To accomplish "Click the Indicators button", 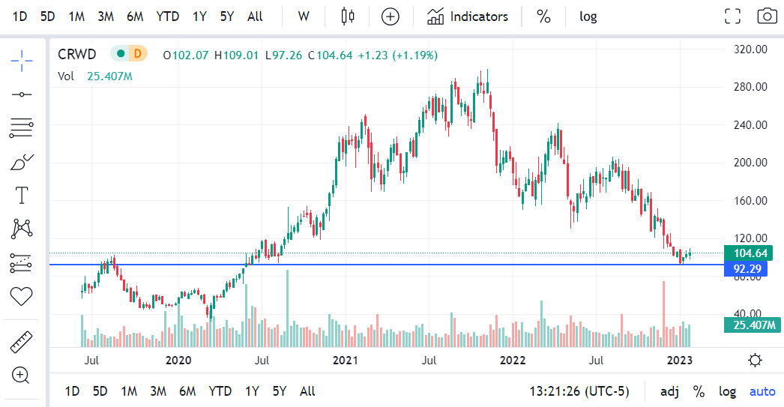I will tap(468, 16).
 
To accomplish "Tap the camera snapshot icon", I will tap(766, 16).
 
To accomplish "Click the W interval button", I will tap(304, 16).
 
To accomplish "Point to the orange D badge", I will tap(136, 54).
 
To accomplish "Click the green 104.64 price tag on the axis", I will tap(752, 253).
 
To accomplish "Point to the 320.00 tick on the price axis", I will tap(750, 49).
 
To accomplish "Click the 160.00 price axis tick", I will tap(750, 201).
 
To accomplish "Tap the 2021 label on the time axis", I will tap(346, 361).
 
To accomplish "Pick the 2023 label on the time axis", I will tap(679, 361).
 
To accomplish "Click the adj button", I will tap(670, 391).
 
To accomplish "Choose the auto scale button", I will tap(763, 391).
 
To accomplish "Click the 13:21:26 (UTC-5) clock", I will tap(579, 391).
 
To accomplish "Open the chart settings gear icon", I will tap(755, 361).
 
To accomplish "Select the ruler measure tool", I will tap(21, 343).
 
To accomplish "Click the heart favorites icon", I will tap(21, 296).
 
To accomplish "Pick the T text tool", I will tap(21, 196).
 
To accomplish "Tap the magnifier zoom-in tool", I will tap(21, 375).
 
